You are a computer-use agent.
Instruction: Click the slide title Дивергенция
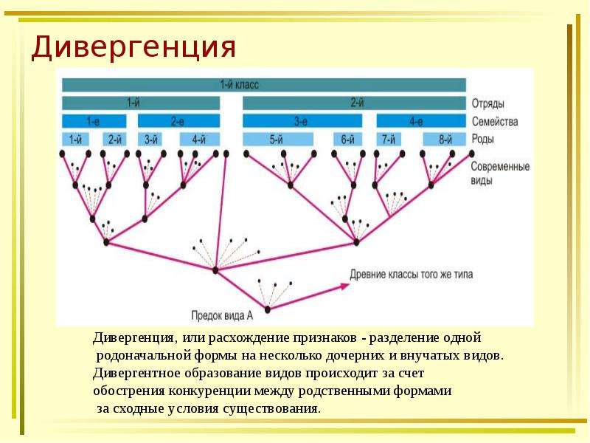coord(133,47)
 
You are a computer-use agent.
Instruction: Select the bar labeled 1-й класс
coord(264,85)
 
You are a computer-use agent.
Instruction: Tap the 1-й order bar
coord(141,103)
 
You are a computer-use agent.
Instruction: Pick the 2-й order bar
coord(354,103)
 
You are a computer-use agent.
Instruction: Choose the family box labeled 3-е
coord(302,121)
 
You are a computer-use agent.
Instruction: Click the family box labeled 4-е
coord(421,121)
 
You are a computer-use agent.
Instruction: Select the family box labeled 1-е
coord(94,121)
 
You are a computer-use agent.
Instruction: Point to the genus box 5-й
coord(278,140)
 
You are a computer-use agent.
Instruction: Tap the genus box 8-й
coord(445,140)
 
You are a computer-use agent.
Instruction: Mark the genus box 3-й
coord(152,140)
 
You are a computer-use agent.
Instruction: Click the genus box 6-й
coord(347,140)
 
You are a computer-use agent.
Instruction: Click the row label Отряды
coord(488,103)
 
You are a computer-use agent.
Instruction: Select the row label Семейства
coord(495,121)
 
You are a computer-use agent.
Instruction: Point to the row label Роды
coord(483,139)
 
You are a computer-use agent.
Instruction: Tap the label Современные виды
coord(500,174)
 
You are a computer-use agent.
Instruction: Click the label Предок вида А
coord(222,315)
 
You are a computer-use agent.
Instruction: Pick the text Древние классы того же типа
coord(412,274)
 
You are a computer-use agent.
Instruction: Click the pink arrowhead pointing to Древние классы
coord(345,286)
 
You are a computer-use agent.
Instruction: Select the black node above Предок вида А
coord(268,309)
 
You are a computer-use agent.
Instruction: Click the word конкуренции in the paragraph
coord(209,391)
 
